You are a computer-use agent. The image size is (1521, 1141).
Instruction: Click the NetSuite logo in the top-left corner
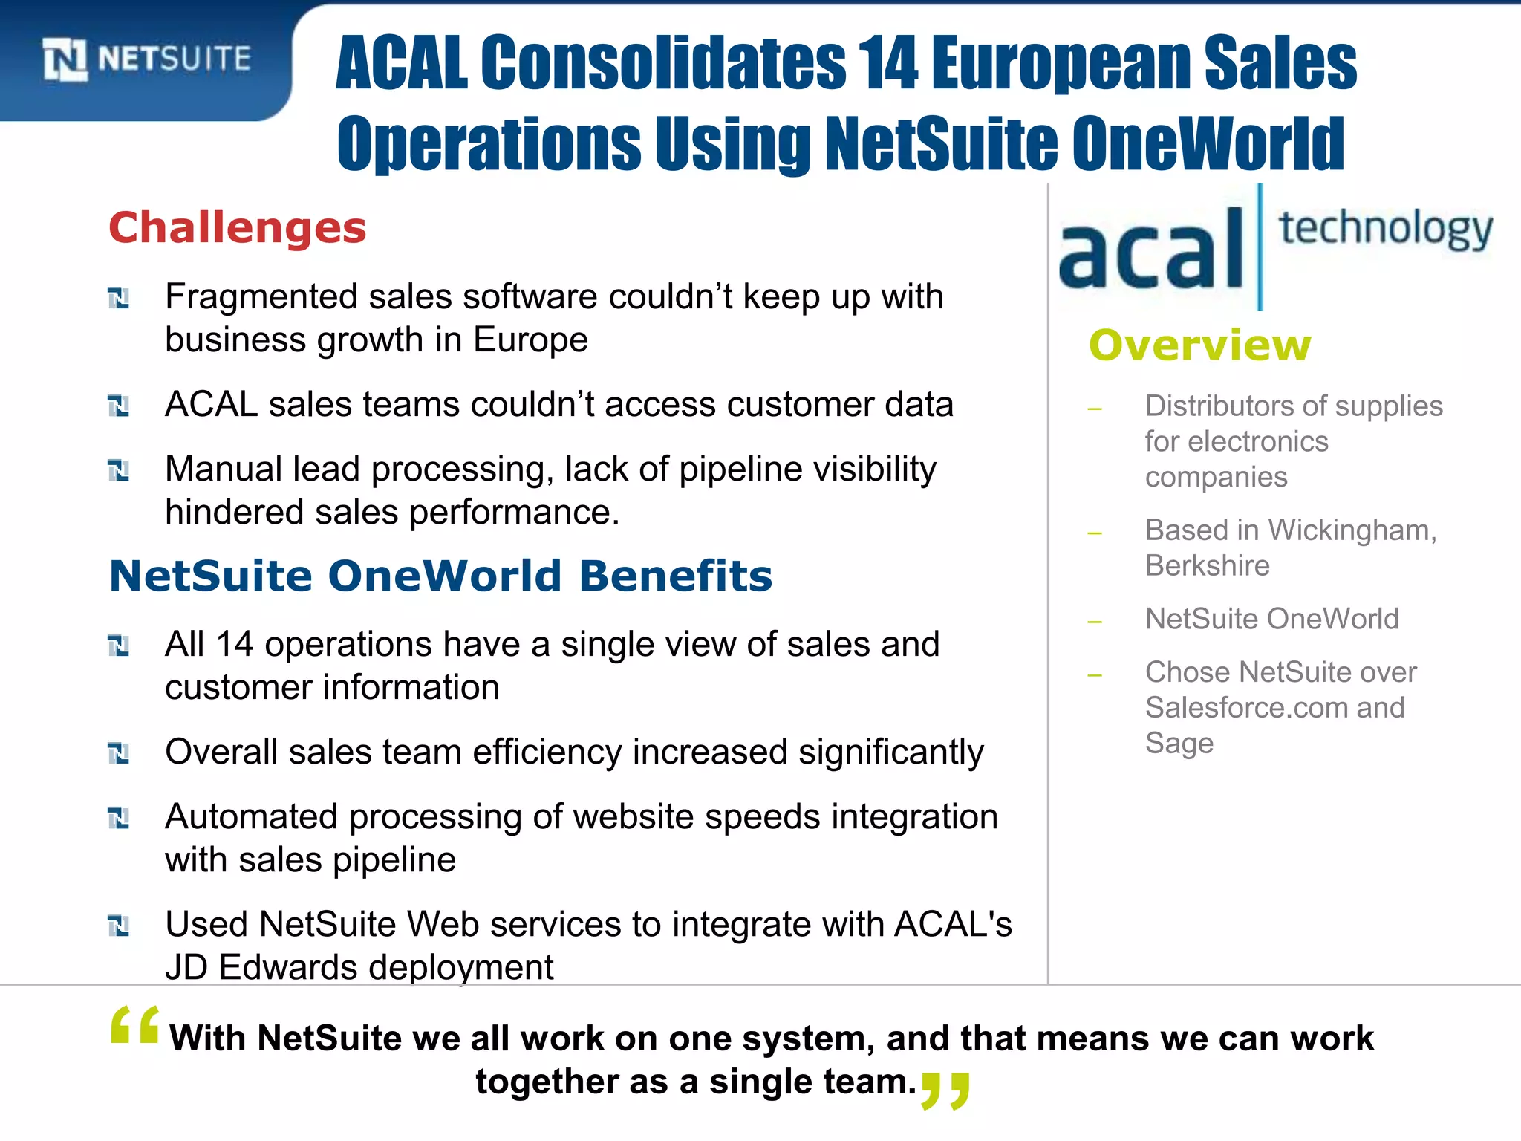(x=146, y=59)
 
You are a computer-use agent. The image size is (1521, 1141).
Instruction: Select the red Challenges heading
(x=238, y=227)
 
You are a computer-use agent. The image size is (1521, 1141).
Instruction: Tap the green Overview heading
(x=1199, y=345)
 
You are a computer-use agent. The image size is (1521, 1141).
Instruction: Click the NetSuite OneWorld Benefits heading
(x=440, y=576)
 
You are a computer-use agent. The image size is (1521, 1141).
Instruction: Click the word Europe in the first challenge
(x=530, y=340)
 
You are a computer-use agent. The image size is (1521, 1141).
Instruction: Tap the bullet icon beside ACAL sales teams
(x=118, y=406)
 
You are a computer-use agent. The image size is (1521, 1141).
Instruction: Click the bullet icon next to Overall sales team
(x=118, y=753)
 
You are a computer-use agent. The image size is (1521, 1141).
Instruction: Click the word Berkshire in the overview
(x=1207, y=566)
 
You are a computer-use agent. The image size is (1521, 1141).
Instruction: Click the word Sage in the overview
(x=1179, y=744)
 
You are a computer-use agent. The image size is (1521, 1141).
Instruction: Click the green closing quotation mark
(x=945, y=1090)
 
